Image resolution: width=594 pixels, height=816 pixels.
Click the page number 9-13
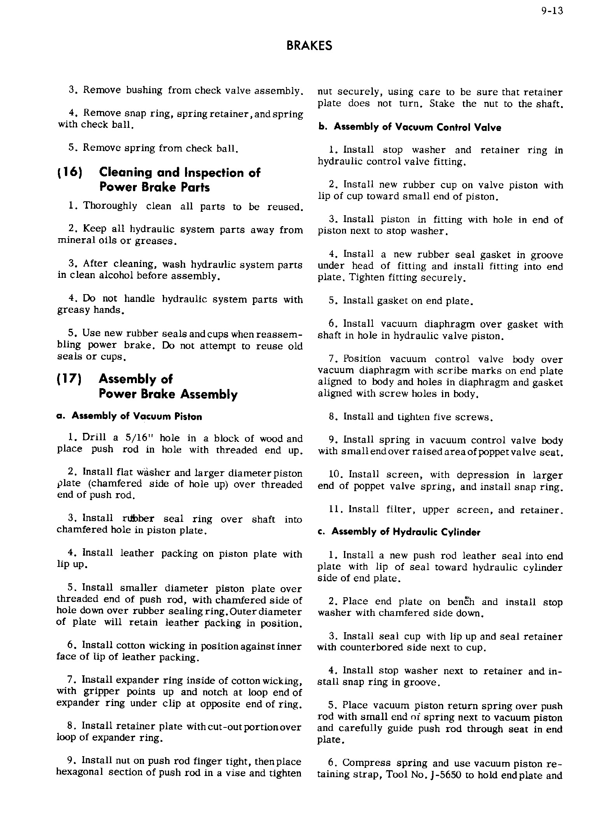coord(552,11)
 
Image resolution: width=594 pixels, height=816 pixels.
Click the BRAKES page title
coord(309,46)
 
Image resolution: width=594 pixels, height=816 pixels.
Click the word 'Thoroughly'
coord(110,206)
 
